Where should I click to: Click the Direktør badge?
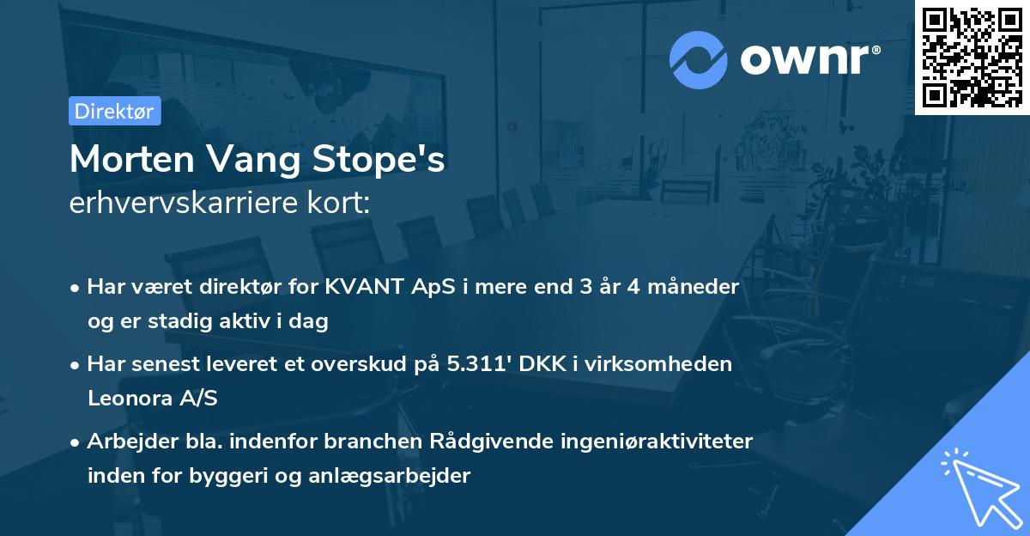click(114, 111)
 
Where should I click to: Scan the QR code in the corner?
click(972, 57)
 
